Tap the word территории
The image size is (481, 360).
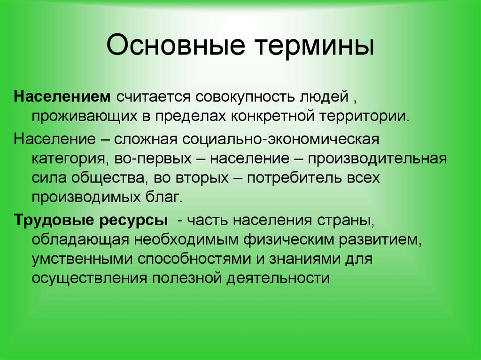tap(365, 116)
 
